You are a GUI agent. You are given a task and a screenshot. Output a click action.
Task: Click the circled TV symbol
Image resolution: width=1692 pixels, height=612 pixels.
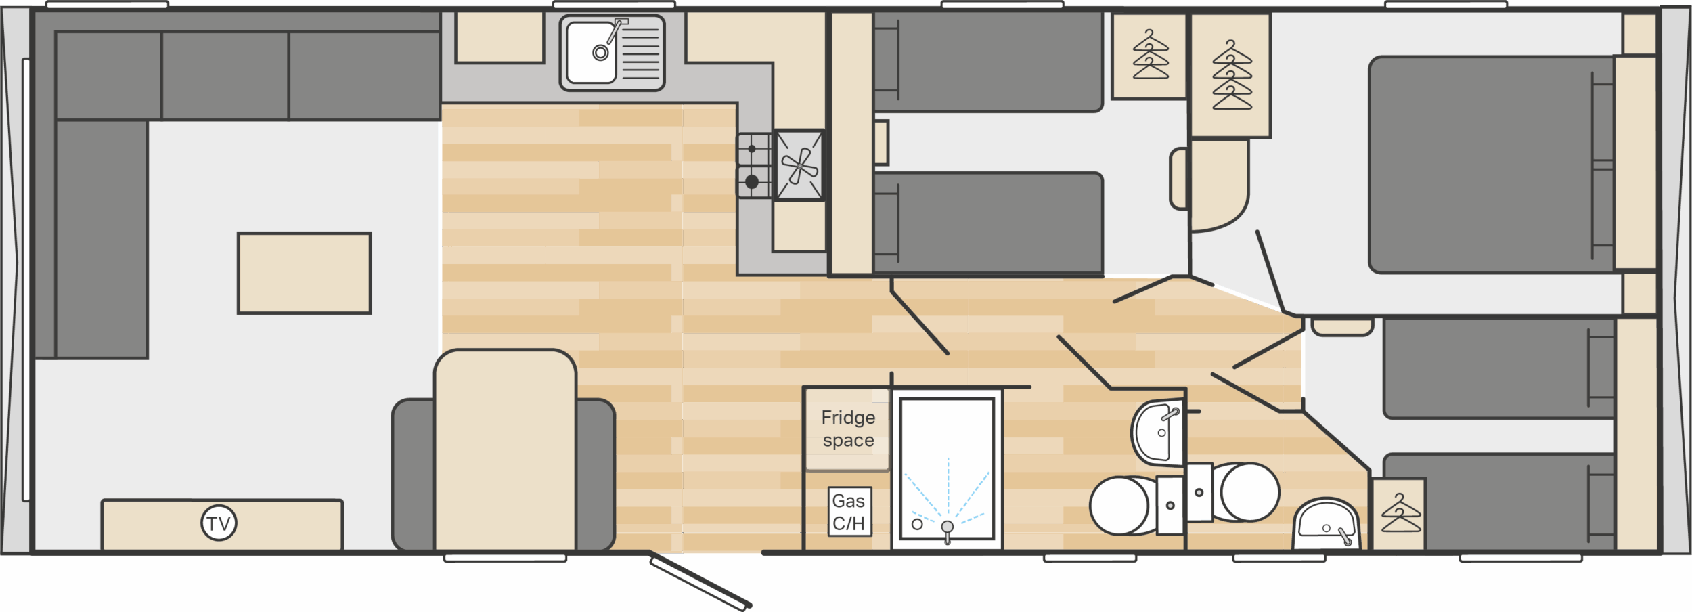[x=219, y=523]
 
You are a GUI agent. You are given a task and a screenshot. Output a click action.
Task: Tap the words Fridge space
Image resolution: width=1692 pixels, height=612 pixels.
[x=848, y=429]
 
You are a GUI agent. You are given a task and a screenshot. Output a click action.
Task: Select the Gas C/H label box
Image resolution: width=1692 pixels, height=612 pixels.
[x=849, y=512]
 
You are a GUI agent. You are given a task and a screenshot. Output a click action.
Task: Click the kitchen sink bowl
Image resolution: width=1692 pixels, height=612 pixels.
[x=592, y=52]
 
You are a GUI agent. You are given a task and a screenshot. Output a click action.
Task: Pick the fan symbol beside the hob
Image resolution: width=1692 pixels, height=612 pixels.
[x=799, y=165]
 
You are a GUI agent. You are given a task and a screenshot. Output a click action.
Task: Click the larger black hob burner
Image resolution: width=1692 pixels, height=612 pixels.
[x=751, y=181]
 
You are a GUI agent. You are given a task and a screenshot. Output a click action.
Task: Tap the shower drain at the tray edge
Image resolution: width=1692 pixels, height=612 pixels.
[x=947, y=527]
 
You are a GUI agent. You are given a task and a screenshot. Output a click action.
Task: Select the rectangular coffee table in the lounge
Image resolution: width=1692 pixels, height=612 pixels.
[x=304, y=274]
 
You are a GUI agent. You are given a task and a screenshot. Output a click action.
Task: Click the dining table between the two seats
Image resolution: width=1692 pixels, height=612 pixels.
[x=505, y=450]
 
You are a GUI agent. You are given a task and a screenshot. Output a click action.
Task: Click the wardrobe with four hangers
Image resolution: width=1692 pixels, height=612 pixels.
[x=1231, y=76]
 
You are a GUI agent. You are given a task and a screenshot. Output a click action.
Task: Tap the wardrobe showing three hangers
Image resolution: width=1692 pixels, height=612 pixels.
[x=1150, y=56]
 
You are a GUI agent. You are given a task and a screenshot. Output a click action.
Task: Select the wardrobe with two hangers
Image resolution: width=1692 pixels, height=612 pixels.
[x=1399, y=515]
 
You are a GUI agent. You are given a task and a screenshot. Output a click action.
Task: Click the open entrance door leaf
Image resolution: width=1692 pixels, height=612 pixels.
[x=700, y=581]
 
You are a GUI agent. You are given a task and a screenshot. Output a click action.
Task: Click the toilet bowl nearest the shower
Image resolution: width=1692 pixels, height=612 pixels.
[x=1120, y=506]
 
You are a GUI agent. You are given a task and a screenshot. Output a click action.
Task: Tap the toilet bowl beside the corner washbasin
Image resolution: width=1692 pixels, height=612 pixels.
[x=1249, y=492]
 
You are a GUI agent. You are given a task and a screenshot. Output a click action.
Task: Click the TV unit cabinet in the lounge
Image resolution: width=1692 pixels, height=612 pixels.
[x=222, y=525]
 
